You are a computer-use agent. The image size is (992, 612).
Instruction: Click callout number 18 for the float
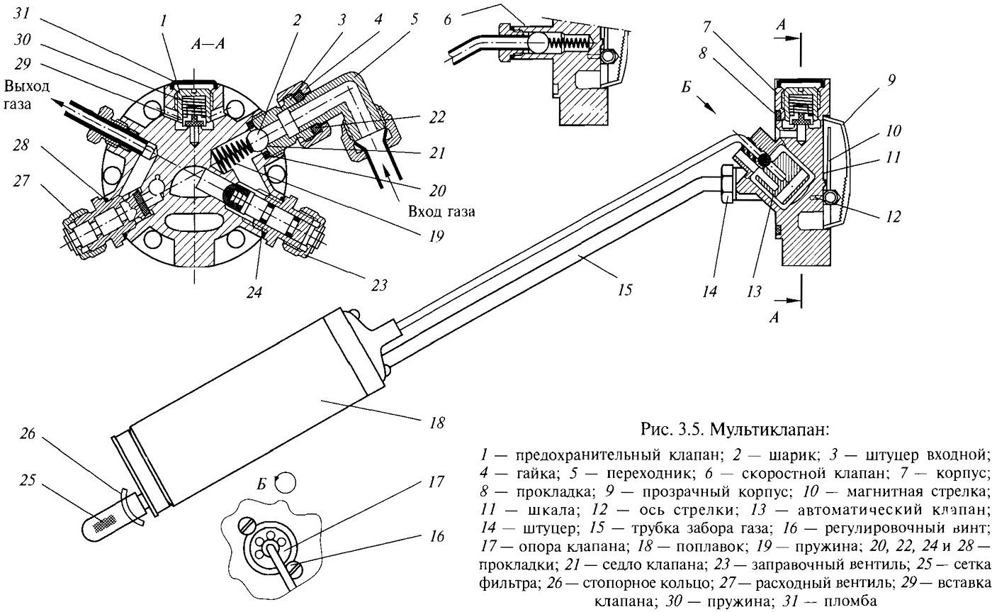(436, 423)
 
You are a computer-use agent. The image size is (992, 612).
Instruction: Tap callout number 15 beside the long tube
(624, 290)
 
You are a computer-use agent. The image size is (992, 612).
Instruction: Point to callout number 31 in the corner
(21, 13)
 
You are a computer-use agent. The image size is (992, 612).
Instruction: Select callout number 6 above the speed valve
(447, 19)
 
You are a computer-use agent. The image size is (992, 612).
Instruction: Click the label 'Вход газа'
(441, 211)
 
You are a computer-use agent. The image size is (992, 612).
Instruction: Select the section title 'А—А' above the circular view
(208, 43)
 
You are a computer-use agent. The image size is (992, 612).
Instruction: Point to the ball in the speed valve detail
(538, 43)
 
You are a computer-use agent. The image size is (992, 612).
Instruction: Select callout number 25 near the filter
(27, 480)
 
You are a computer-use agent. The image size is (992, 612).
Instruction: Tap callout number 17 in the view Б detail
(436, 482)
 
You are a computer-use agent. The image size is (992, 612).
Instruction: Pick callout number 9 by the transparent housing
(891, 79)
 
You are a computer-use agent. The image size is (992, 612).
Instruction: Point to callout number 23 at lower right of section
(378, 285)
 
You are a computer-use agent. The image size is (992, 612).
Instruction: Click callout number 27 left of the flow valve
(21, 180)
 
